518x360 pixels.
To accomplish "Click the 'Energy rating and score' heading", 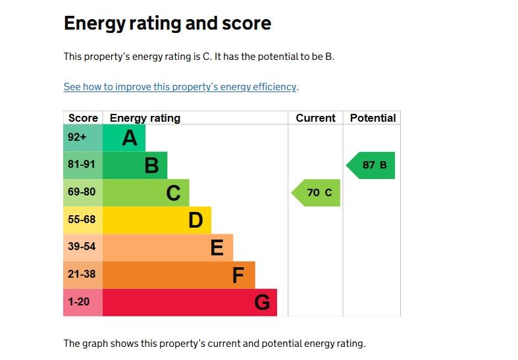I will click(167, 24).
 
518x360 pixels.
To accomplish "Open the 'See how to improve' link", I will click(180, 87).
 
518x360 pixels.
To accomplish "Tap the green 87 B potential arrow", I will click(371, 165).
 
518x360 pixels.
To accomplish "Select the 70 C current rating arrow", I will click(317, 193).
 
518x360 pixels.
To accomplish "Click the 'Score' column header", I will click(83, 118).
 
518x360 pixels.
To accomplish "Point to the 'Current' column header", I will click(315, 118).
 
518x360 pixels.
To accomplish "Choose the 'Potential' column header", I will click(373, 118).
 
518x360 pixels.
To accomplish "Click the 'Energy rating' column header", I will click(145, 118).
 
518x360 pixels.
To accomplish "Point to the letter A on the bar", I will click(130, 138).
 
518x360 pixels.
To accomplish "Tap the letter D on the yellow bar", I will click(195, 220).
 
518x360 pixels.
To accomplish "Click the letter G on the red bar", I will click(262, 303).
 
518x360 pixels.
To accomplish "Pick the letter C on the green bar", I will click(173, 193).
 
